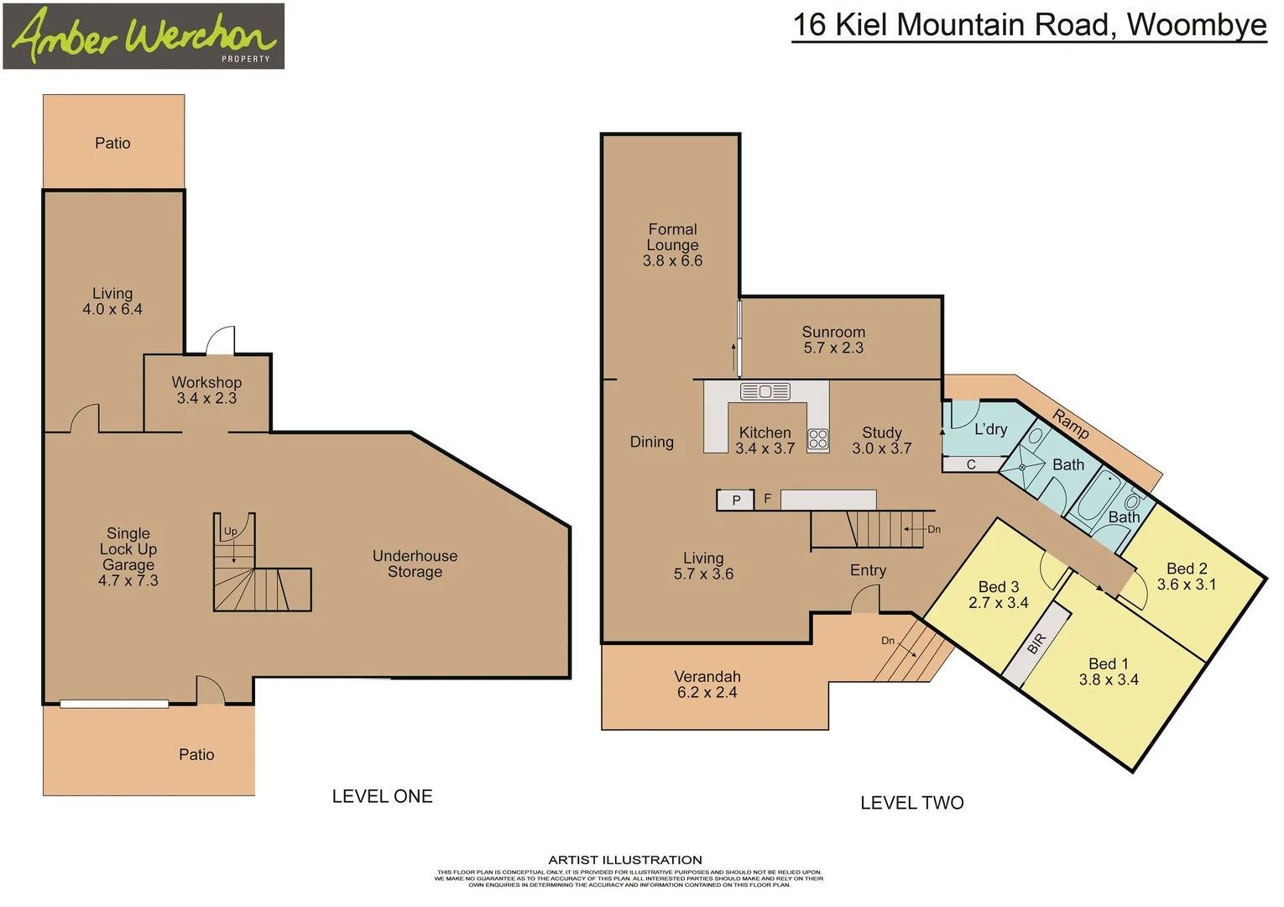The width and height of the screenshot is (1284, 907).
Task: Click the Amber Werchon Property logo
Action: pyautogui.click(x=144, y=36)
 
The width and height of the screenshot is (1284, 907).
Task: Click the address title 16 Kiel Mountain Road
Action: pyautogui.click(x=1029, y=25)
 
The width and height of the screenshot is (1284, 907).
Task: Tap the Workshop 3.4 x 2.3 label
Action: pyautogui.click(x=206, y=391)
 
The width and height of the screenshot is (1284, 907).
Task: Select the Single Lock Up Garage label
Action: pyautogui.click(x=128, y=556)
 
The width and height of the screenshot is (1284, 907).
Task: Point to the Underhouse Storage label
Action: pyautogui.click(x=415, y=564)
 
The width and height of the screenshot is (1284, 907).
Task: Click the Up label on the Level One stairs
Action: pyautogui.click(x=230, y=532)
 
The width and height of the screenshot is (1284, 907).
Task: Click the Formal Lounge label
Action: pyautogui.click(x=672, y=244)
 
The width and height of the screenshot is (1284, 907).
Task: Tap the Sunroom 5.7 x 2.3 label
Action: pyautogui.click(x=833, y=339)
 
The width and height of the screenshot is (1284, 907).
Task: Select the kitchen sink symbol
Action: pyautogui.click(x=765, y=391)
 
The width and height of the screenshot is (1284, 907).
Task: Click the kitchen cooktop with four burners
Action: pyautogui.click(x=818, y=439)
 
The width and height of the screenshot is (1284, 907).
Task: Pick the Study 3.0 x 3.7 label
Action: pyautogui.click(x=881, y=440)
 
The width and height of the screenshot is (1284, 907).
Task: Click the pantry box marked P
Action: pyautogui.click(x=736, y=501)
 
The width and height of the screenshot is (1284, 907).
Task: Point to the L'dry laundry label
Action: pyautogui.click(x=990, y=429)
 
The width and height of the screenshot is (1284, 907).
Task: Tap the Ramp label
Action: pyautogui.click(x=1071, y=423)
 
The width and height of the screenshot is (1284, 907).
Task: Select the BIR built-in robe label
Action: pyautogui.click(x=1037, y=643)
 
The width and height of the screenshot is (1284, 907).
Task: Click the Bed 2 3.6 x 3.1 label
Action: pyautogui.click(x=1187, y=576)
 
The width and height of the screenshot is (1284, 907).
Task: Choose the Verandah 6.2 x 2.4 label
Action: pyautogui.click(x=707, y=684)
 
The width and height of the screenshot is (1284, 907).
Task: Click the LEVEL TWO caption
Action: pyautogui.click(x=911, y=803)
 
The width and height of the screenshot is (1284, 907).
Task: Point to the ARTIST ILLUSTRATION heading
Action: pyautogui.click(x=625, y=860)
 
